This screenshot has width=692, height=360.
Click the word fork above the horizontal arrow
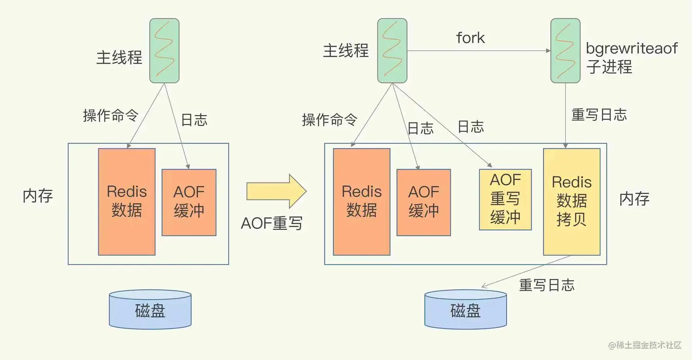(470, 38)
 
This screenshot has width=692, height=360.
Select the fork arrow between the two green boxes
(478, 51)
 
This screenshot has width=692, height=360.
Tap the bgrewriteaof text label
(632, 49)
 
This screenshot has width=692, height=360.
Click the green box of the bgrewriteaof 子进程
(566, 50)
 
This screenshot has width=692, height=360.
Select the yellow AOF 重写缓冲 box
(505, 199)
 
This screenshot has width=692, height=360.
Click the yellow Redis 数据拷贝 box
(572, 201)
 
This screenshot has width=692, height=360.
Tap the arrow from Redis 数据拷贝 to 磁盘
(526, 272)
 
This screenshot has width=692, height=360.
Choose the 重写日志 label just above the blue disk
(546, 285)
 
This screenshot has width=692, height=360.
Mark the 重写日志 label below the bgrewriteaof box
(599, 115)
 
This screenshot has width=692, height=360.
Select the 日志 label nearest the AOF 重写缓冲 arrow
(470, 127)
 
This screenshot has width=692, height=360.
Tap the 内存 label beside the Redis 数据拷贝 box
(634, 199)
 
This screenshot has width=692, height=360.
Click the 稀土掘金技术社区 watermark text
(649, 345)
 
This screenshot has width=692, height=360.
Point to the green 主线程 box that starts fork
(392, 50)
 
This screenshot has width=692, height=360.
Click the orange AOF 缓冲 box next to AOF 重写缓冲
(423, 202)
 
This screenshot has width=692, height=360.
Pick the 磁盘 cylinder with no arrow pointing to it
(150, 309)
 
